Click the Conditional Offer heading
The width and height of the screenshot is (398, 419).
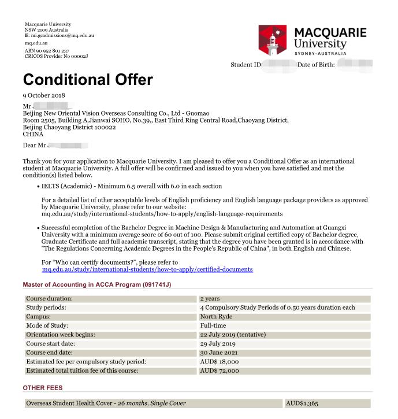88,79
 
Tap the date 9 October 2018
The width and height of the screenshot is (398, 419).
44,95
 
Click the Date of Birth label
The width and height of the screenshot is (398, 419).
316,65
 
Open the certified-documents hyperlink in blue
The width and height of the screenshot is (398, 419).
147,269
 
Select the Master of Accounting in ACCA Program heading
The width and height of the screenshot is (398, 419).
97,284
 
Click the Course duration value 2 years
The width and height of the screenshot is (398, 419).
211,299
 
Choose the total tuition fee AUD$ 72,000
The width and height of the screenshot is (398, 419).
221,371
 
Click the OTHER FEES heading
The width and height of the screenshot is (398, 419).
43,388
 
